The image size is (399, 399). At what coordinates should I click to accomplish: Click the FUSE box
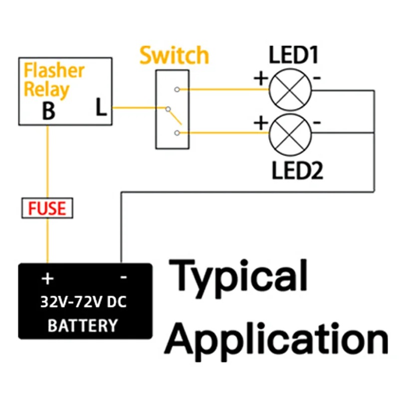[48, 208]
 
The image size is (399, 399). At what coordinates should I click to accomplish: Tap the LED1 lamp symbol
[290, 90]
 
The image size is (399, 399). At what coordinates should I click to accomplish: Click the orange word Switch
[174, 55]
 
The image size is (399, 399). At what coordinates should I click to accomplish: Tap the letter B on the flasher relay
[48, 111]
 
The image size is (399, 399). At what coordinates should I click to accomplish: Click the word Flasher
[54, 71]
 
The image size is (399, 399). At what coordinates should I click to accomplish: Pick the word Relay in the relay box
[47, 90]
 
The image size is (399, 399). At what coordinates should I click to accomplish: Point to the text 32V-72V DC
[84, 302]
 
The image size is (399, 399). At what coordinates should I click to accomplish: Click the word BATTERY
[83, 326]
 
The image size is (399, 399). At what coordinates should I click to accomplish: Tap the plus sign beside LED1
[260, 78]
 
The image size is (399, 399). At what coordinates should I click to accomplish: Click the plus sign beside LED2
[260, 123]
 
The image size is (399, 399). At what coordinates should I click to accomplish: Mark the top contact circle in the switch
[177, 90]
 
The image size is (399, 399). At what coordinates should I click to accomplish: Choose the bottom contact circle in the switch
[177, 132]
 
